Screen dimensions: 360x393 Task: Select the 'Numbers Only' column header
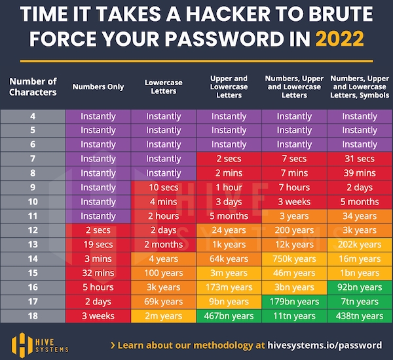(98, 87)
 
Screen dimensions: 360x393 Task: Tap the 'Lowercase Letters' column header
(164, 87)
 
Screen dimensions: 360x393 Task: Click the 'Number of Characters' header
(33, 87)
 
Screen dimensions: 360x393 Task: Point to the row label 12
(33, 230)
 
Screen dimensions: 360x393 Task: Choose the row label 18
(33, 316)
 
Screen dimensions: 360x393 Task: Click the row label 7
(33, 159)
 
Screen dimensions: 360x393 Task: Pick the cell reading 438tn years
(360, 316)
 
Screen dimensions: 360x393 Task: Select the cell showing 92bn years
(360, 287)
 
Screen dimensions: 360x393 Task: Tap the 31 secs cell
(360, 159)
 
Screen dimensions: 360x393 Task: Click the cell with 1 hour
(229, 188)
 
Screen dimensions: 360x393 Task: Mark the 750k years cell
(294, 259)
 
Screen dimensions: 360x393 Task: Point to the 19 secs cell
(98, 245)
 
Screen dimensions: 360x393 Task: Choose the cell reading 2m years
(164, 316)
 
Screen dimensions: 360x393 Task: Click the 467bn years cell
(229, 316)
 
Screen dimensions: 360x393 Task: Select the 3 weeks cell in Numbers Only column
(98, 316)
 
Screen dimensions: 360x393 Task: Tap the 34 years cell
(360, 216)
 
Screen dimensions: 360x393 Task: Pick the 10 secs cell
(164, 188)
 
